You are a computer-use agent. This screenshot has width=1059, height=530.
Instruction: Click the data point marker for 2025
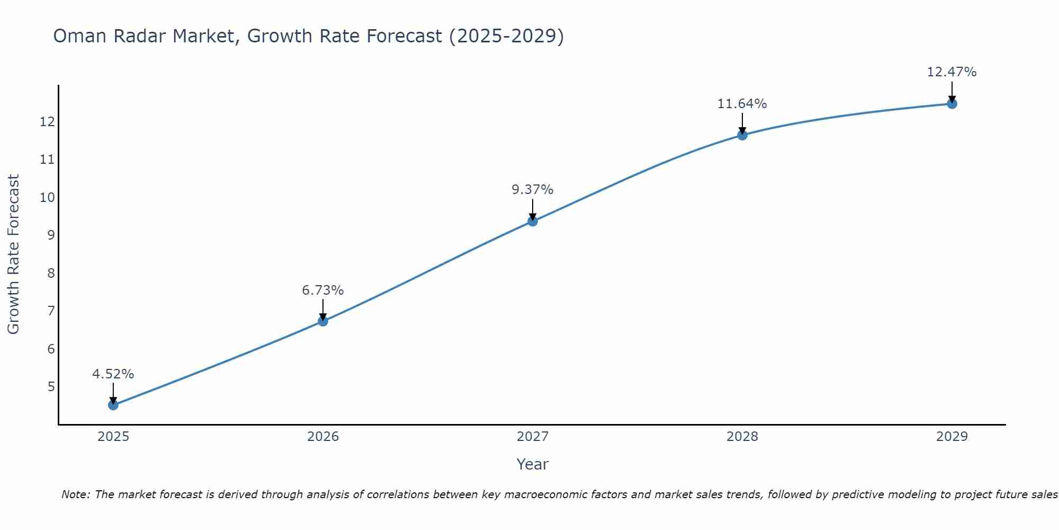tap(113, 405)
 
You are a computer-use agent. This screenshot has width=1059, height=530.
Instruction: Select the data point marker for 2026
tap(323, 321)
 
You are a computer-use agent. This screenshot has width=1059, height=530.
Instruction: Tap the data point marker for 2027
tap(533, 221)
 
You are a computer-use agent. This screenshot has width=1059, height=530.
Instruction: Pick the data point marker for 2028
tap(742, 135)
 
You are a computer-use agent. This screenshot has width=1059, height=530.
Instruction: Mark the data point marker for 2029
tap(952, 104)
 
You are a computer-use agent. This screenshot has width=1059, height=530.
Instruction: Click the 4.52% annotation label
tap(113, 374)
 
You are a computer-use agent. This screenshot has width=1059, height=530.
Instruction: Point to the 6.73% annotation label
tap(323, 290)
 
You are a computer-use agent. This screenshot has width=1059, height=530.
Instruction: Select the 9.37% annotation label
tap(533, 190)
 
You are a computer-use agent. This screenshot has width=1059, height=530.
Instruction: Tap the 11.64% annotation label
tap(742, 104)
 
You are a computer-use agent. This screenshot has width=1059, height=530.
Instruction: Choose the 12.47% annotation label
tap(952, 72)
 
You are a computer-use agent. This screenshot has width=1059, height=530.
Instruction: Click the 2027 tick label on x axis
tap(533, 437)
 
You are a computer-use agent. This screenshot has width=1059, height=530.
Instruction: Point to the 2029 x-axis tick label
tap(952, 437)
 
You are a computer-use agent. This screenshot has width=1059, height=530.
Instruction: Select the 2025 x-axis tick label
tap(113, 437)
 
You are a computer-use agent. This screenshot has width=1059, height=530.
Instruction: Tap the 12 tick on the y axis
tap(48, 122)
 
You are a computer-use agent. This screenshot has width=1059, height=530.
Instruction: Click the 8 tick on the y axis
tap(51, 273)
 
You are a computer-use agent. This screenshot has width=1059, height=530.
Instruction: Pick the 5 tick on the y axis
tap(51, 386)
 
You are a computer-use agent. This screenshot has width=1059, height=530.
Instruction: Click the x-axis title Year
tap(533, 464)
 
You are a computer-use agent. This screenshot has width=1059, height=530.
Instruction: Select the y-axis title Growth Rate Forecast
tap(13, 254)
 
